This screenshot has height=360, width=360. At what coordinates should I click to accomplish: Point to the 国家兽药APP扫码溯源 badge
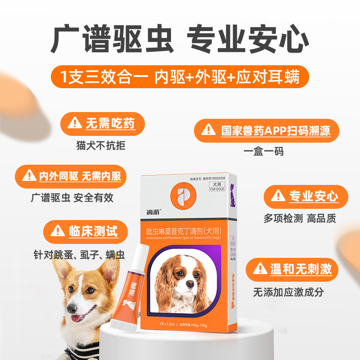point(266,130)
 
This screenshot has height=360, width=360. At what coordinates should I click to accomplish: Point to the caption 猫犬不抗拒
point(101,145)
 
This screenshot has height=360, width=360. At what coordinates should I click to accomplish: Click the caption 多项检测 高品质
point(300,218)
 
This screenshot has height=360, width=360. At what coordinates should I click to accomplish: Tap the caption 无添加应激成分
point(288,292)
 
